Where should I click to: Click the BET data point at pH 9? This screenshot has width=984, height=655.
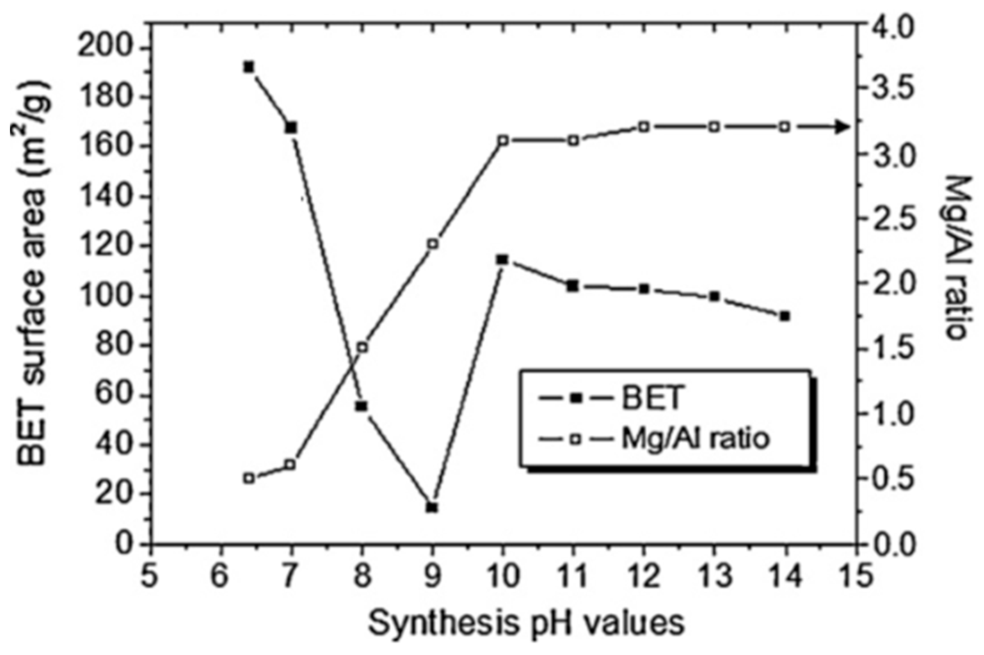pyautogui.click(x=432, y=508)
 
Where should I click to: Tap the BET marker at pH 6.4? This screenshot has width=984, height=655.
pyautogui.click(x=249, y=67)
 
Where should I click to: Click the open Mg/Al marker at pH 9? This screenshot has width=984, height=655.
pyautogui.click(x=433, y=244)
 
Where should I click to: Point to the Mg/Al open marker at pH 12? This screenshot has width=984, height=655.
pyautogui.click(x=644, y=127)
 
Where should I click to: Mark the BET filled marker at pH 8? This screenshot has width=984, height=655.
pyautogui.click(x=362, y=406)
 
